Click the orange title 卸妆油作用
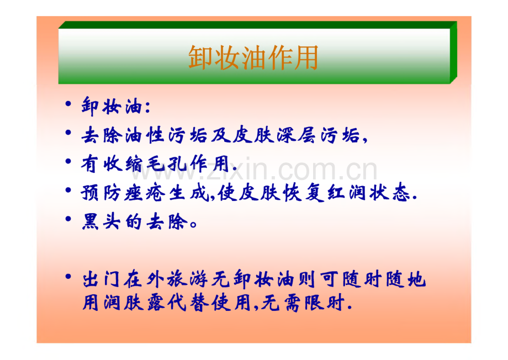[253, 57]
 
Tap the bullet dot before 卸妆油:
[68, 104]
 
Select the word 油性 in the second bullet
[145, 135]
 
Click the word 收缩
[123, 163]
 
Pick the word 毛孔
[166, 163]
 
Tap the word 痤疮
[145, 193]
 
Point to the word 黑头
[101, 222]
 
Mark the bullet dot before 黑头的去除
[68, 219]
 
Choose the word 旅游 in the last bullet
[188, 279]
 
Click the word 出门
[101, 279]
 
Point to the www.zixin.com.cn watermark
[255, 170]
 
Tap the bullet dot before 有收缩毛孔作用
[68, 161]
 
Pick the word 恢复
[303, 193]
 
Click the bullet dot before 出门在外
[68, 277]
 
